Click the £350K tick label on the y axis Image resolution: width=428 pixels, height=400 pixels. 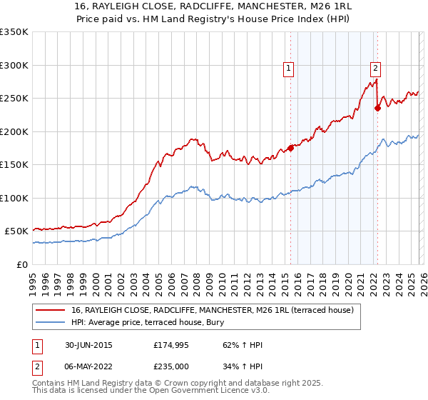(14, 32)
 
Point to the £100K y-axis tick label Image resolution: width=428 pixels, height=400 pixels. (14, 198)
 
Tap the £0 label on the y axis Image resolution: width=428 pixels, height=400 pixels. (21, 264)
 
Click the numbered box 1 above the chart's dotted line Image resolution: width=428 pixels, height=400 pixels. (289, 69)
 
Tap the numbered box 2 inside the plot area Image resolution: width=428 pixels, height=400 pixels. (375, 69)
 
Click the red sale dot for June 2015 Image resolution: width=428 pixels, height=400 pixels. (290, 148)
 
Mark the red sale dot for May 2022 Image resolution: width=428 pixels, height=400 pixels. (377, 109)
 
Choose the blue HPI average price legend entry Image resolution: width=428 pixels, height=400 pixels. (160, 322)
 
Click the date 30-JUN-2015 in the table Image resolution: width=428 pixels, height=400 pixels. (87, 345)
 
